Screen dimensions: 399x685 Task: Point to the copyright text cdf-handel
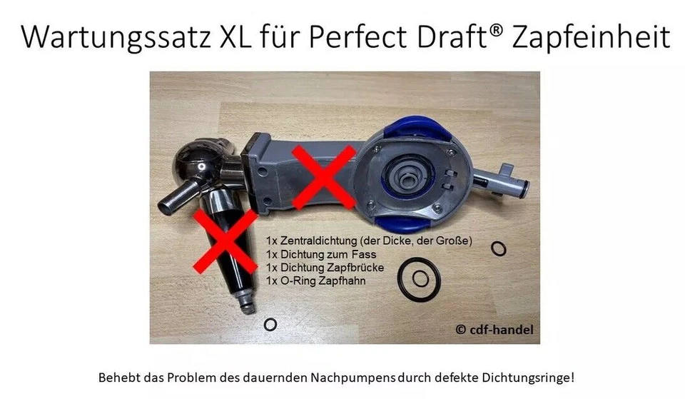[x=493, y=330]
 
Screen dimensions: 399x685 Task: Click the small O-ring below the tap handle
[x=270, y=325]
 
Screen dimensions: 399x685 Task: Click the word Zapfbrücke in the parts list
[x=358, y=268]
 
